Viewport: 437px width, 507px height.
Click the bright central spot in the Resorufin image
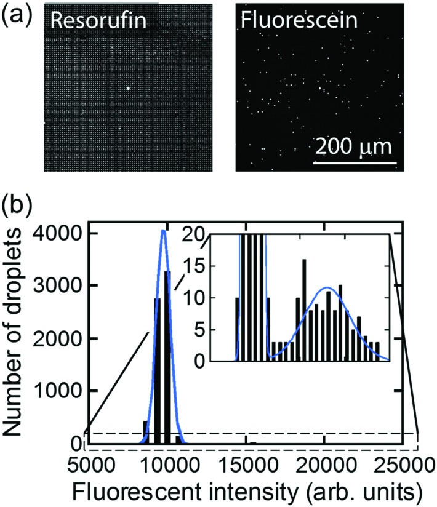click(x=128, y=87)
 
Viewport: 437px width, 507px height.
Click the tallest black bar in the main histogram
click(x=168, y=357)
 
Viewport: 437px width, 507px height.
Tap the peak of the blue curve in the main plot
click(x=163, y=231)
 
